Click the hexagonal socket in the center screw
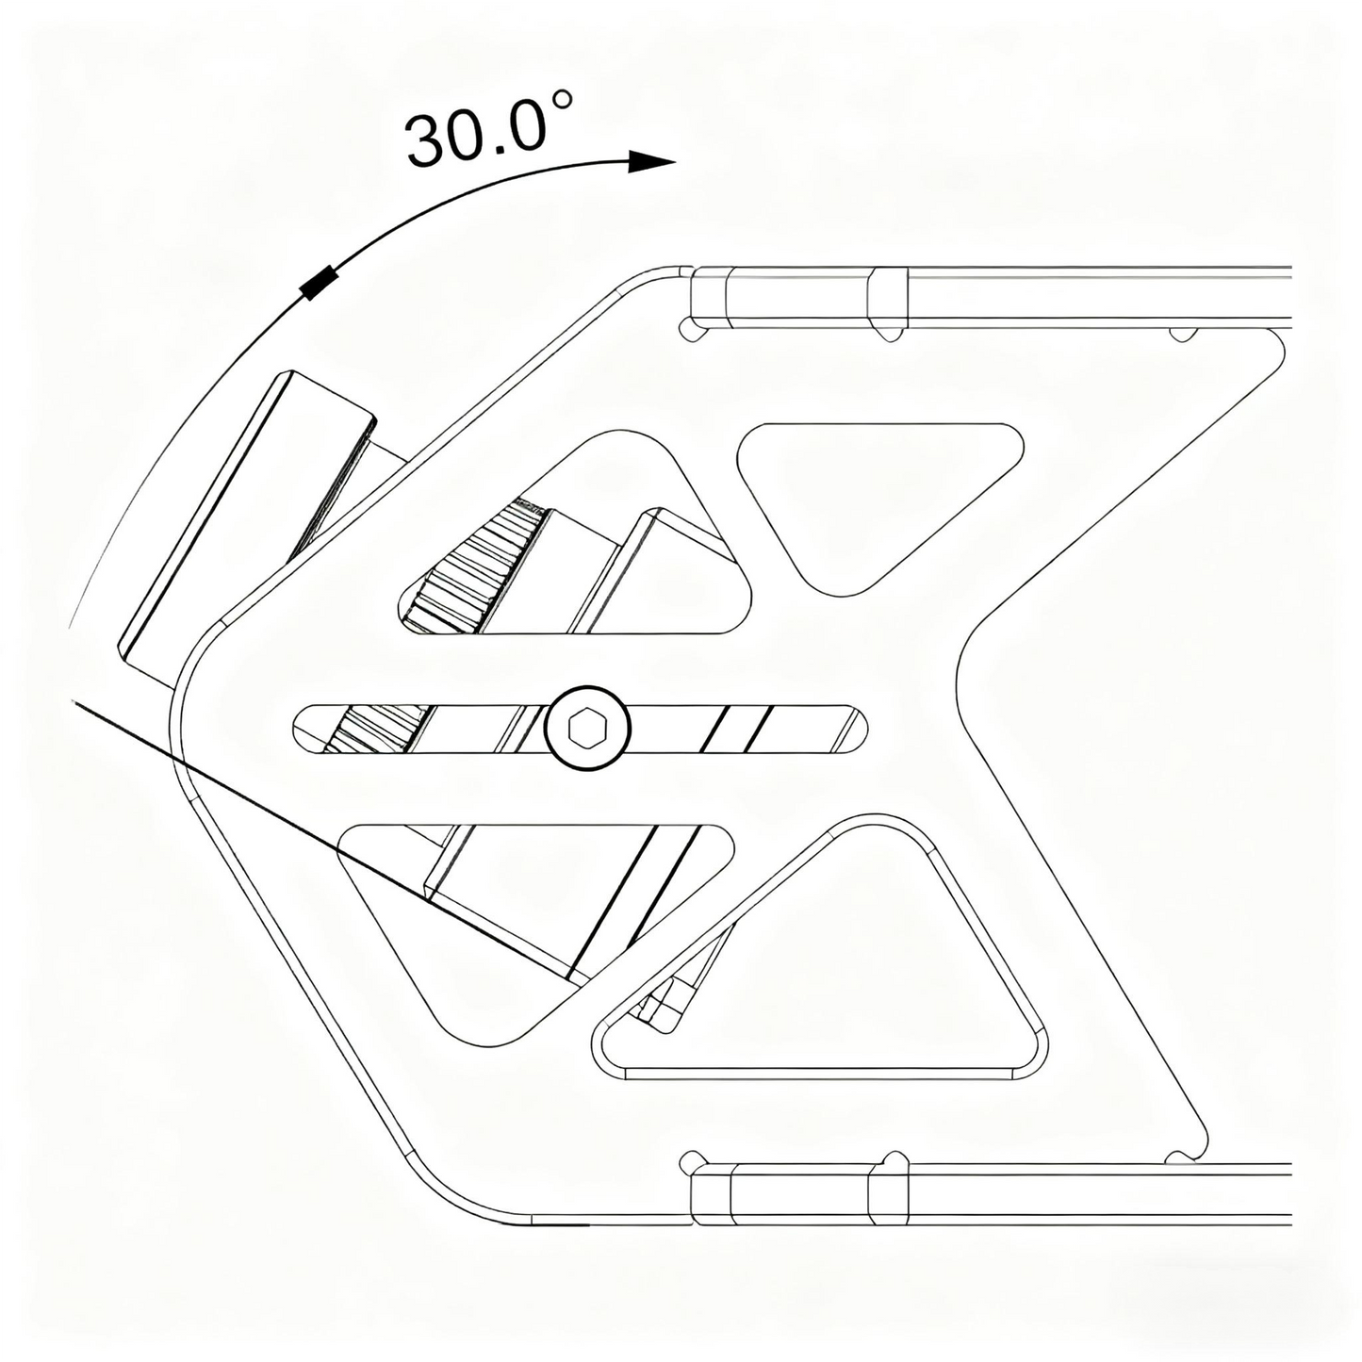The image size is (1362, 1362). pos(587,728)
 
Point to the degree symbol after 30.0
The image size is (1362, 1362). pos(562,100)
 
